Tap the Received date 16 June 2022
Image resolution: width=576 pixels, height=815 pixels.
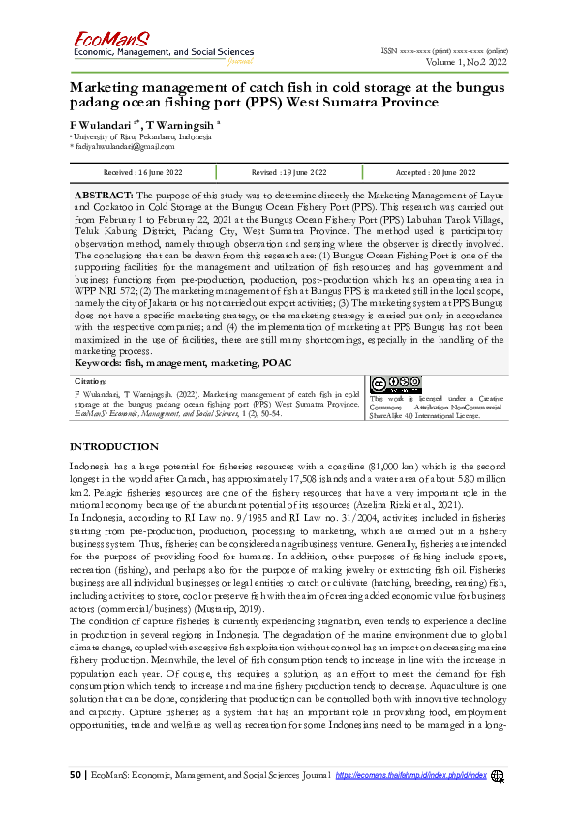(x=135, y=172)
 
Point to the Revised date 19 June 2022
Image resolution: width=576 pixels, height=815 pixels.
(x=288, y=172)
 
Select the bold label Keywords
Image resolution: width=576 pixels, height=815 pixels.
(x=104, y=363)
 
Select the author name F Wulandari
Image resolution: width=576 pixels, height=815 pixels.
(x=102, y=125)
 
